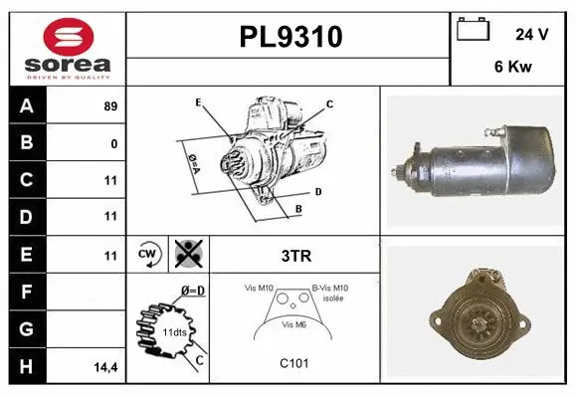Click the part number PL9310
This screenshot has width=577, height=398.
pos(290,37)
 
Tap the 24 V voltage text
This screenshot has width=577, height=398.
pos(532,34)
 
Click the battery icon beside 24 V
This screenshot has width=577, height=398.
pos(471,30)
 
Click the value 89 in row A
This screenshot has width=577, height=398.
pos(110,106)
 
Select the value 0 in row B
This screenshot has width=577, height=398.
pos(114,144)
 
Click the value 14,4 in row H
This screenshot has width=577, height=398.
pos(107,367)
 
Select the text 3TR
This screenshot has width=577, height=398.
pos(295,255)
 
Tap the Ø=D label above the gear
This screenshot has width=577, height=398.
pos(192,291)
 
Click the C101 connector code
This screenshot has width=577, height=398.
pos(295,363)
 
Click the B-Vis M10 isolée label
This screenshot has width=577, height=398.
pos(330,293)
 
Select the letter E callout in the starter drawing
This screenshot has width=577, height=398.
pos(198,102)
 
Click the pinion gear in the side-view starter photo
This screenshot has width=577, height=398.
pos(401,172)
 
